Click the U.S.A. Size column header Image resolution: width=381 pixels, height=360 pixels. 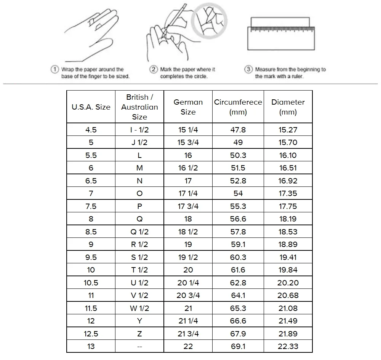[91, 107]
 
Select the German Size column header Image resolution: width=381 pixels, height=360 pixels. [188, 107]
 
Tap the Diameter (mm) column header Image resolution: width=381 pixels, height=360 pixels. [288, 107]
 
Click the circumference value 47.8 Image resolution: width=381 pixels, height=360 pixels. [238, 130]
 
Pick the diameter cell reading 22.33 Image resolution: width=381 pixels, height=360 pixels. [288, 346]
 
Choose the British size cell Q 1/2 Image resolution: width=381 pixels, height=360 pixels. [139, 232]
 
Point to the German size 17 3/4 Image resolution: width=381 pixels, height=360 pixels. [188, 206]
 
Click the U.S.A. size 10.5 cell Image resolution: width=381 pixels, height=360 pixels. [91, 283]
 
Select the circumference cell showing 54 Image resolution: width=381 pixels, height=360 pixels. [238, 193]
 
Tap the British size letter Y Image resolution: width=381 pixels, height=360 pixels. [139, 321]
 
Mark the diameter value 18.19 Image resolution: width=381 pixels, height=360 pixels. [288, 219]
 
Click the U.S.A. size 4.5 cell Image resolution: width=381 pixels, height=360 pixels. [91, 130]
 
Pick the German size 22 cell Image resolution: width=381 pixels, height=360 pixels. [188, 346]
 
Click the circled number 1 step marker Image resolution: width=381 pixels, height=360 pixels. [55, 70]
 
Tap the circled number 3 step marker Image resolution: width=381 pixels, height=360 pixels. [248, 70]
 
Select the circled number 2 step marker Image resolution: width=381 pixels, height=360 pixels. [154, 70]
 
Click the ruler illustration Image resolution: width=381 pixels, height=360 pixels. [282, 33]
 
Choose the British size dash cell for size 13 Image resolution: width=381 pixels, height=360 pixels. [139, 346]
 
